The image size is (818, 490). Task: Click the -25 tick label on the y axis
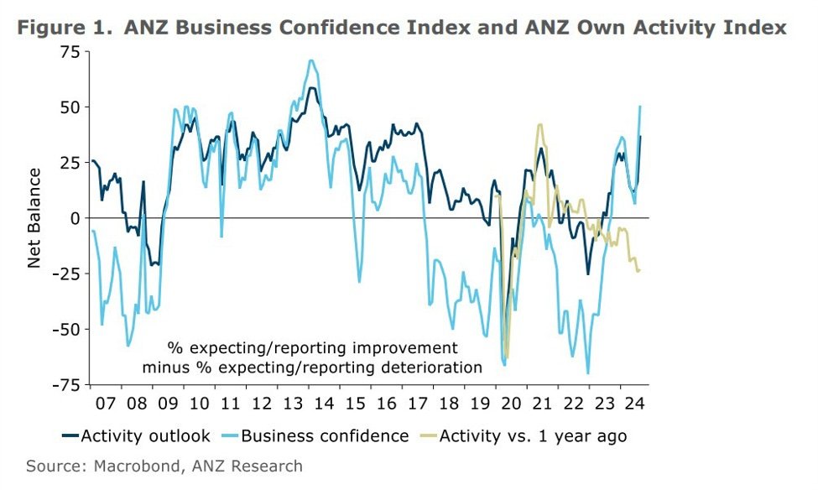65,273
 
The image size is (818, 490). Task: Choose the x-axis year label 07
107,404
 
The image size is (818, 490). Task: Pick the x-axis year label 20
510,404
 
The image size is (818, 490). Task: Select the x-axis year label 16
386,404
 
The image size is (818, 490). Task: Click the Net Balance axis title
34,218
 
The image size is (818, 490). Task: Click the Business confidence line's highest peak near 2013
311,60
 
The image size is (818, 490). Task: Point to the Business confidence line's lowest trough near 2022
588,373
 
